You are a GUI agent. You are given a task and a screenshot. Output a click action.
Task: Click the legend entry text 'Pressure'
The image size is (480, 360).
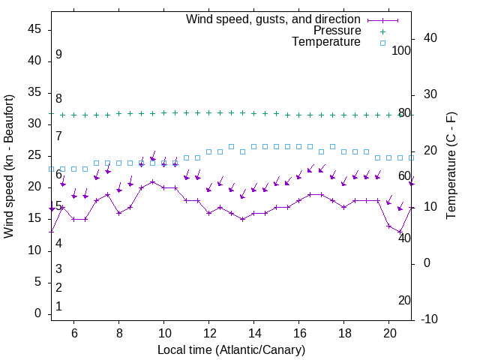tap(337, 31)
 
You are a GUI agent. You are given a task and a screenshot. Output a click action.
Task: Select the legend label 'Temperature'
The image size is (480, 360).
tap(326, 42)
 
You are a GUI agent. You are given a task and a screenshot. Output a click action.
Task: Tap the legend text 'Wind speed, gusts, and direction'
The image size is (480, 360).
tap(273, 19)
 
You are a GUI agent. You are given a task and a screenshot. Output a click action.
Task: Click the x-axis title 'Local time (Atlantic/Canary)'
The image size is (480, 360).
tap(231, 350)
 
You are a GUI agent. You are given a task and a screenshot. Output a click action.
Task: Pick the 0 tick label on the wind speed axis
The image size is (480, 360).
tap(37, 314)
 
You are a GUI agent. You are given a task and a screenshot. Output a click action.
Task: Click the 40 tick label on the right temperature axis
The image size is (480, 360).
tap(430, 38)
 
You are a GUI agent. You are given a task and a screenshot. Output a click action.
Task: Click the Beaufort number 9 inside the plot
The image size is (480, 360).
tap(58, 55)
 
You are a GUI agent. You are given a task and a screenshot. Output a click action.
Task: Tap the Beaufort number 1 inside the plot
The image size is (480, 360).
tap(58, 307)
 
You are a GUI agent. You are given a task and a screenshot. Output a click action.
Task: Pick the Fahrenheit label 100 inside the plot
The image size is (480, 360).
tap(401, 51)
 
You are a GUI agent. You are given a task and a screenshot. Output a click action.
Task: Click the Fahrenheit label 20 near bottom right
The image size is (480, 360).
tap(404, 301)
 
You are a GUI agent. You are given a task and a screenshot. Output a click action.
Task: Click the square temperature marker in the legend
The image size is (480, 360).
tap(382, 43)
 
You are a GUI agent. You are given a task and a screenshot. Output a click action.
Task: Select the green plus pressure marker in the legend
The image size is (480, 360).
tap(382, 31)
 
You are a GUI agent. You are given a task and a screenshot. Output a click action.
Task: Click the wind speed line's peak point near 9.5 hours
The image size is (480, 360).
tap(152, 181)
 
